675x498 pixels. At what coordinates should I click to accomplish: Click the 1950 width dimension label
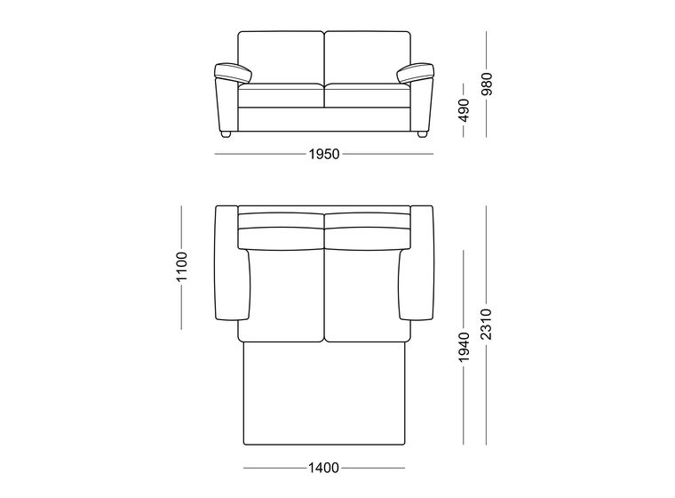pos(324,154)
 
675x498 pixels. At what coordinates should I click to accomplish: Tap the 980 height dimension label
pos(487,84)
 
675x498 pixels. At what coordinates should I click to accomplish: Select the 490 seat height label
pos(464,110)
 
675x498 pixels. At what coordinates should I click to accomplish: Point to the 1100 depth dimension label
pos(182,267)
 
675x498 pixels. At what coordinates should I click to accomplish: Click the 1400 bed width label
pos(323,468)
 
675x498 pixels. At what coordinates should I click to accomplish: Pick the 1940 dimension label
pos(464,347)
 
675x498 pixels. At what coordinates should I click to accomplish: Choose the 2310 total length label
pos(487,325)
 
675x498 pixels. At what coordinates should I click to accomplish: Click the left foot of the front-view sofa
pos(226,134)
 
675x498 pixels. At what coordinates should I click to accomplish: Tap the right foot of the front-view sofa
pos(422,134)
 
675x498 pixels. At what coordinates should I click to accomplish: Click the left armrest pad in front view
pos(233,72)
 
